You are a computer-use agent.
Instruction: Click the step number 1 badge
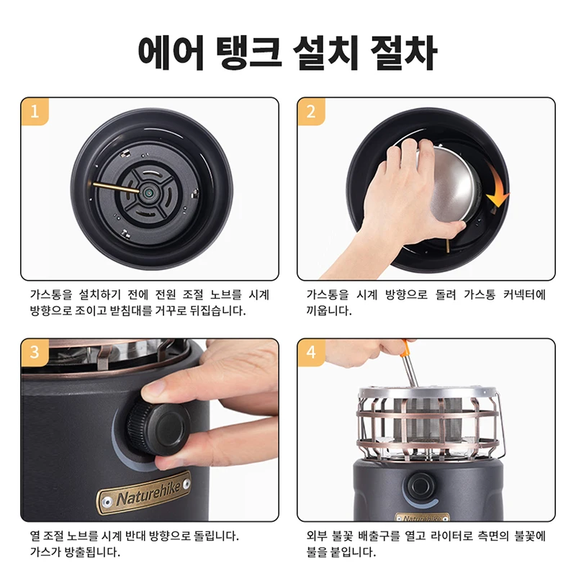pyautogui.click(x=35, y=111)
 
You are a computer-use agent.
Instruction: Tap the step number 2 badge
pyautogui.click(x=311, y=111)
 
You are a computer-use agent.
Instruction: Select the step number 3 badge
pyautogui.click(x=35, y=352)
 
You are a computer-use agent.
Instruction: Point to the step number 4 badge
pyautogui.click(x=311, y=352)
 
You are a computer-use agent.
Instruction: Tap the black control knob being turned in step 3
pyautogui.click(x=158, y=427)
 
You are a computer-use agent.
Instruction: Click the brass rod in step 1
pyautogui.click(x=116, y=187)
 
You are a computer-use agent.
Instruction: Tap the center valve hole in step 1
pyautogui.click(x=149, y=192)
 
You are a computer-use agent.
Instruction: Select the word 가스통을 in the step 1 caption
pyautogui.click(x=51, y=294)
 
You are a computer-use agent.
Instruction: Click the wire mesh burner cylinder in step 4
pyautogui.click(x=427, y=420)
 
